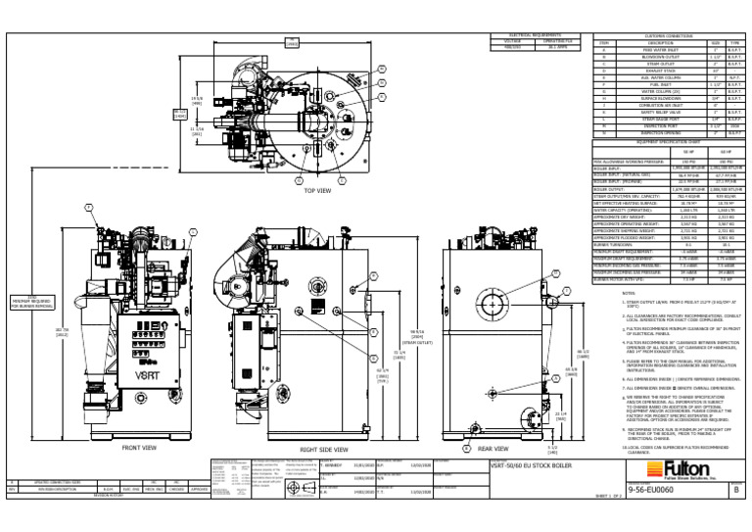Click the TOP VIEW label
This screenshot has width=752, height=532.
[x=318, y=190]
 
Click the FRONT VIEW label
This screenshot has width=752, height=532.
[x=140, y=448]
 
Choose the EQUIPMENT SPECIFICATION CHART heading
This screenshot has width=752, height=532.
[x=660, y=140]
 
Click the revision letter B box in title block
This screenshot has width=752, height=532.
[x=735, y=487]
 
